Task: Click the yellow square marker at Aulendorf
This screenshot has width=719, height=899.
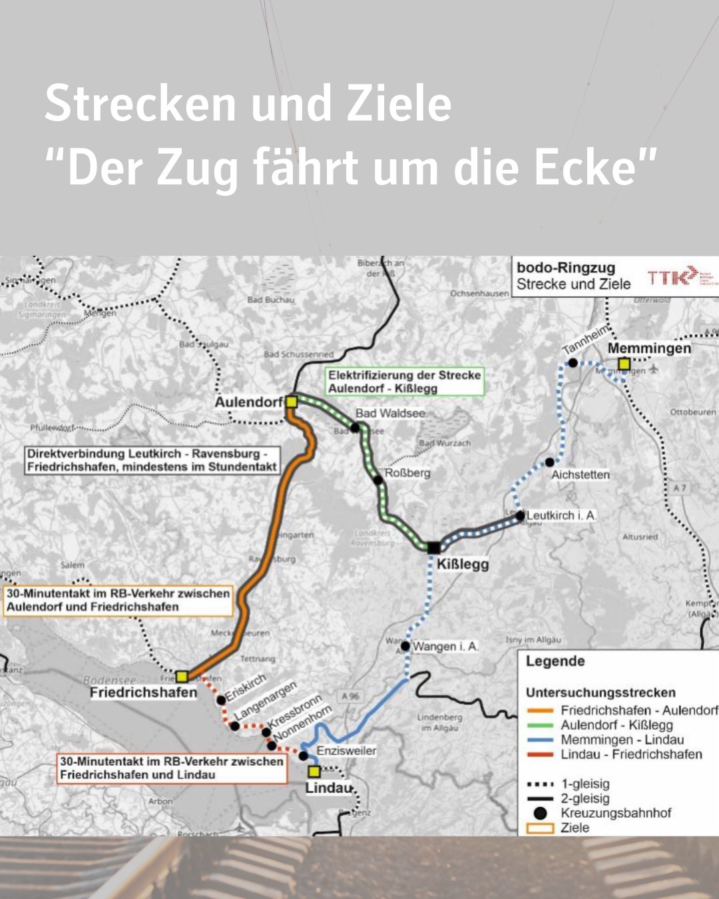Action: (x=291, y=402)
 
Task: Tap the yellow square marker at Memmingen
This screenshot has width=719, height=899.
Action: (x=624, y=364)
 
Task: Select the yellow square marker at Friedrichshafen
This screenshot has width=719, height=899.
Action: (x=182, y=677)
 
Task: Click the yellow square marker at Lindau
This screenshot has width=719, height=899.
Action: (x=314, y=772)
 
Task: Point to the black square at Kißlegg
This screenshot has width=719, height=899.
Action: (x=433, y=547)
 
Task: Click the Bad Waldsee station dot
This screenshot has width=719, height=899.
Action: (x=356, y=428)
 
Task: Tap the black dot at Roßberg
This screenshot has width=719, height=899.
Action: (x=378, y=479)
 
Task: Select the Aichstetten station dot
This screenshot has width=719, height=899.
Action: (x=549, y=462)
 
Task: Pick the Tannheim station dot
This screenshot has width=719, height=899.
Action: (x=573, y=363)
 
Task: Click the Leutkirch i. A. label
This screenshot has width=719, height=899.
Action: (x=561, y=515)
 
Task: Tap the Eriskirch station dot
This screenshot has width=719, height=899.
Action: (x=221, y=700)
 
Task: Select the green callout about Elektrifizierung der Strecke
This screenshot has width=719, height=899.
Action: (x=404, y=382)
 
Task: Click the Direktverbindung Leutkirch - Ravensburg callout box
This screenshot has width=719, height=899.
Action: (x=152, y=460)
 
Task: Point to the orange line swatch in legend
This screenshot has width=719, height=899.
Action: (x=539, y=711)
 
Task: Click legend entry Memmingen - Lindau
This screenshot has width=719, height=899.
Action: (x=622, y=740)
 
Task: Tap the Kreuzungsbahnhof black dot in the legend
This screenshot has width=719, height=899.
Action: (x=540, y=813)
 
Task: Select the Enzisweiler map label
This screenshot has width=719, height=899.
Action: (x=346, y=750)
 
